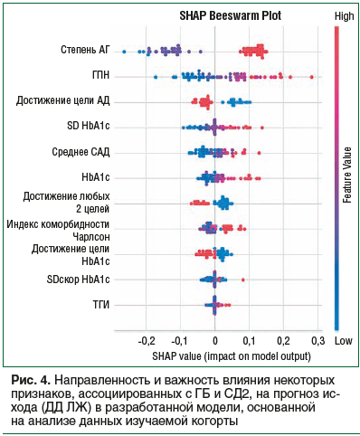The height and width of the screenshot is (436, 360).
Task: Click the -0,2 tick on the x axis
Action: tap(145, 341)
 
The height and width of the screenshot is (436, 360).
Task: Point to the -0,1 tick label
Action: tap(179, 341)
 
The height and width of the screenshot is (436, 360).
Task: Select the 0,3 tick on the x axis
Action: tap(317, 341)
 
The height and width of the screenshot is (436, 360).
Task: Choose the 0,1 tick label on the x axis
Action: tap(249, 341)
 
